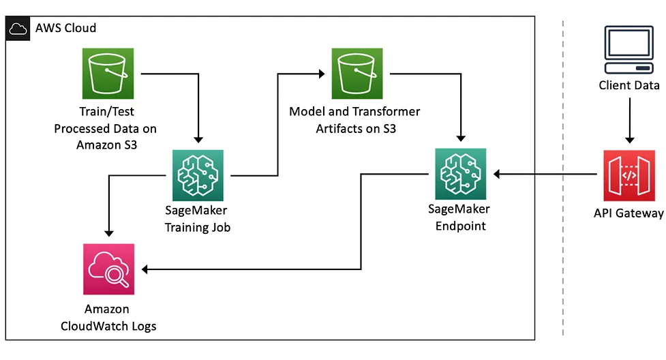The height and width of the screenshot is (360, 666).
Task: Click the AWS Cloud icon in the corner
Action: (18, 29)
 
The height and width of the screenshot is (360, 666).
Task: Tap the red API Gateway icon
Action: (629, 175)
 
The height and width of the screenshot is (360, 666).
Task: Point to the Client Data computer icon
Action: (629, 51)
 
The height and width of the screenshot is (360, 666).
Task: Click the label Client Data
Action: (629, 86)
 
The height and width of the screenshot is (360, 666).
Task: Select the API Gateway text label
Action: (629, 214)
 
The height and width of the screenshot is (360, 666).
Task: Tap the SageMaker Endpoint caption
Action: (461, 217)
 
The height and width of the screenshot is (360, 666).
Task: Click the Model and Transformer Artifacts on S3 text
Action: (354, 119)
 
